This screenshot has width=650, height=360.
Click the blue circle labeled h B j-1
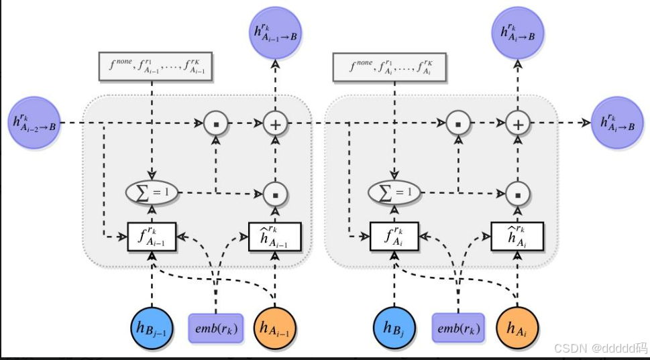tap(152, 328)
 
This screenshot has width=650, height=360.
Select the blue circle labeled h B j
tap(394, 328)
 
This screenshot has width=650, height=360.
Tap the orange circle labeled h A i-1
tap(275, 328)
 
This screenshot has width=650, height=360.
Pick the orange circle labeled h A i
tap(517, 328)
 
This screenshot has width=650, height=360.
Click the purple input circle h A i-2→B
tap(33, 123)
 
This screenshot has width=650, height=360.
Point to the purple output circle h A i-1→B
tap(274, 34)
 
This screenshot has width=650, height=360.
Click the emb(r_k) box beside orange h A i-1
tap(215, 328)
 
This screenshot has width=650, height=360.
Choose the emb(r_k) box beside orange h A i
tap(457, 328)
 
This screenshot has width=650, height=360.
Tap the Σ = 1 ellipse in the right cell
tap(394, 193)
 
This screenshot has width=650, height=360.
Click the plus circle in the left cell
tap(274, 123)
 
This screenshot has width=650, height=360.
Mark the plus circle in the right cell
tap(517, 123)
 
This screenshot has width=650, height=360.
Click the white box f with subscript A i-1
tap(152, 236)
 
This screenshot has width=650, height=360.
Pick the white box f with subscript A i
tap(394, 236)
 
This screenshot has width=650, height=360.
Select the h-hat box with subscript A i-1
tap(275, 236)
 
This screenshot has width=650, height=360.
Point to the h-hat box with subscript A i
tap(517, 236)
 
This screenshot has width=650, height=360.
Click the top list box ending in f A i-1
tap(155, 66)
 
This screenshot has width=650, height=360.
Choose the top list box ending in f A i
tap(389, 66)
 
